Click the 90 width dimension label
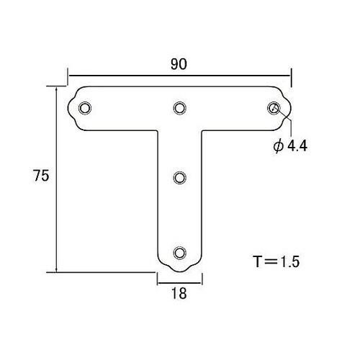pyautogui.click(x=179, y=64)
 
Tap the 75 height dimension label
pyautogui.click(x=41, y=176)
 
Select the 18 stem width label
pyautogui.click(x=179, y=293)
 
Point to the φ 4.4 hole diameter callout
pyautogui.click(x=290, y=145)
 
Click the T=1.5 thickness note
pyautogui.click(x=276, y=261)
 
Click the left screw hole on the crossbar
pyautogui.click(x=85, y=108)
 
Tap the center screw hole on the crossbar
pyautogui.click(x=180, y=108)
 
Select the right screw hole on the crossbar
pyautogui.click(x=274, y=108)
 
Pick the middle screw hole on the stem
pyautogui.click(x=180, y=178)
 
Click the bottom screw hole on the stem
pyautogui.click(x=180, y=253)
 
